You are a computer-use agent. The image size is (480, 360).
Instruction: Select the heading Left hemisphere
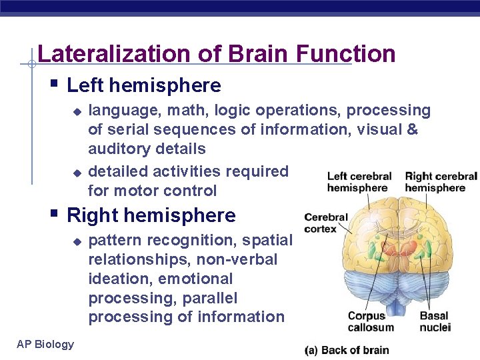tap(144, 85)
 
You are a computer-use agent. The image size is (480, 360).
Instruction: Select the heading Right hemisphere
tap(151, 215)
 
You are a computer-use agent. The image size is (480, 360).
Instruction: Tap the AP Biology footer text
tap(45, 344)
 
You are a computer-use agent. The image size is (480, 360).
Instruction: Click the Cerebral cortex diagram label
tap(326, 223)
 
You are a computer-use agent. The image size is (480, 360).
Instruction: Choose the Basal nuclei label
tap(435, 321)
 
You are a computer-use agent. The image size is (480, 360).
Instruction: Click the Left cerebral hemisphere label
tap(359, 182)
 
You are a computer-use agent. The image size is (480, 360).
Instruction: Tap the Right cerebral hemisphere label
tap(441, 182)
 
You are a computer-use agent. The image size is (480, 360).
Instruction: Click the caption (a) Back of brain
tap(347, 350)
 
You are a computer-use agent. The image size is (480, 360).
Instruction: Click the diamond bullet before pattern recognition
tap(77, 240)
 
